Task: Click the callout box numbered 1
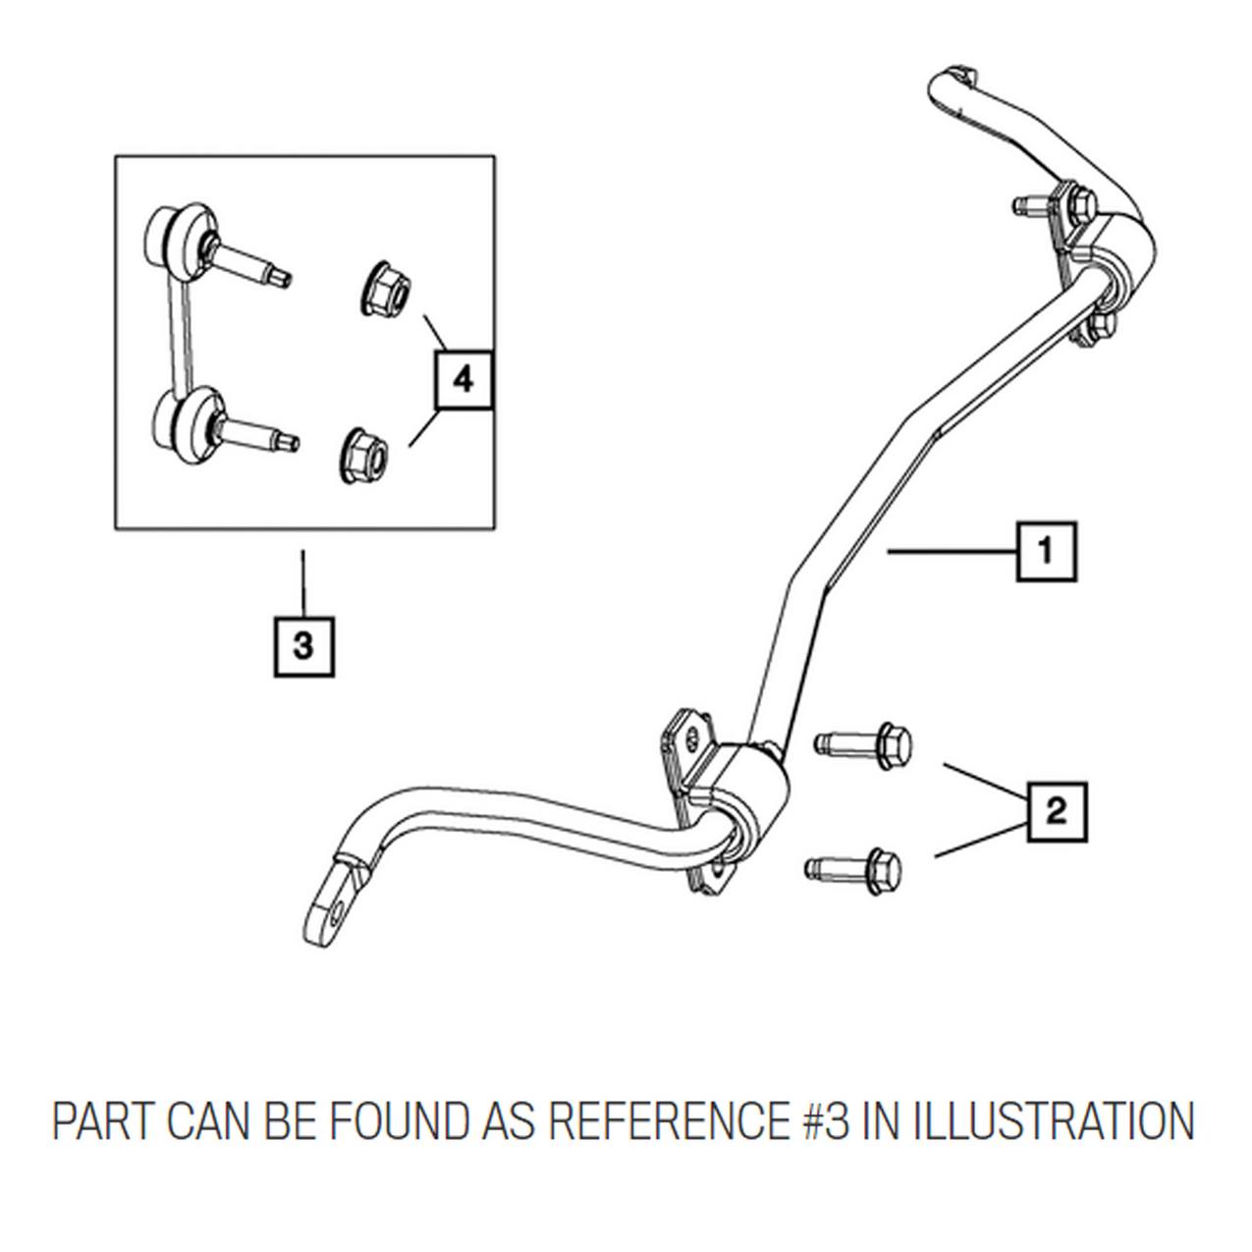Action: [1046, 552]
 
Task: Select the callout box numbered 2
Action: [1057, 812]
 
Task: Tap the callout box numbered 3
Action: [303, 647]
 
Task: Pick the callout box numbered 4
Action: [463, 380]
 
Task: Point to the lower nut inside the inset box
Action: [366, 455]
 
